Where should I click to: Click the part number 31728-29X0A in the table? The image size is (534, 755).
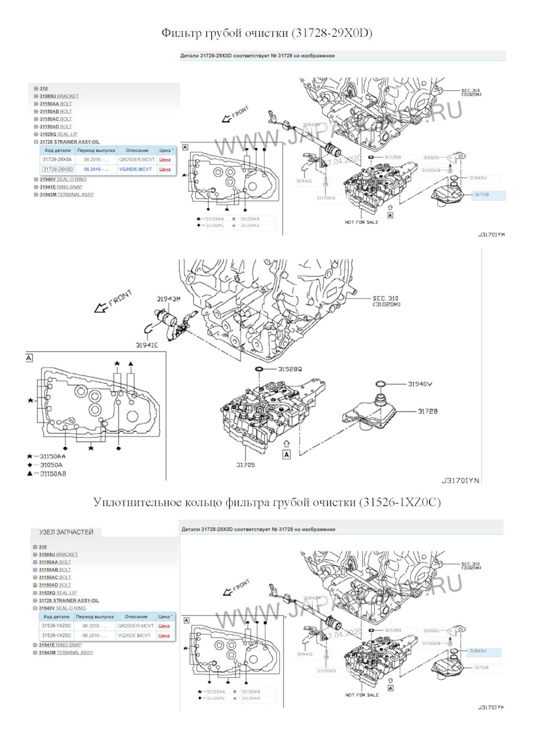[57, 160]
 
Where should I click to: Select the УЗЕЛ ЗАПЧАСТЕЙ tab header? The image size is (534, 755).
[66, 532]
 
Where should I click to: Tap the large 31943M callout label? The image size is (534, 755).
[168, 299]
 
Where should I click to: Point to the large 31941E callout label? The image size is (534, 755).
[147, 345]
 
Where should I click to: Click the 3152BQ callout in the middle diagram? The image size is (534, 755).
[290, 369]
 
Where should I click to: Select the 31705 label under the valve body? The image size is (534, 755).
[245, 465]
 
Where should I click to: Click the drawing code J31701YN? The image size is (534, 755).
[460, 480]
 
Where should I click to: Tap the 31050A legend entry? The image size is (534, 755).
[51, 465]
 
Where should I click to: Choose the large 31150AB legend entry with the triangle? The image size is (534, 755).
[53, 474]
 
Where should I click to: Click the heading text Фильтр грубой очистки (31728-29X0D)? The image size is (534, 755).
[266, 33]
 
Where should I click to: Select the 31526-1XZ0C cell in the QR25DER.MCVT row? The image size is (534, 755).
[56, 625]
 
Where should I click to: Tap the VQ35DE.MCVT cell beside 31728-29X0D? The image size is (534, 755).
[135, 169]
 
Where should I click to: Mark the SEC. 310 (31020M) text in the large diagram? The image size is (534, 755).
[386, 301]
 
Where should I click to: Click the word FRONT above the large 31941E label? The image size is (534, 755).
[120, 298]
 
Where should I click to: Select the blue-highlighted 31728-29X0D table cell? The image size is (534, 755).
[57, 169]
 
